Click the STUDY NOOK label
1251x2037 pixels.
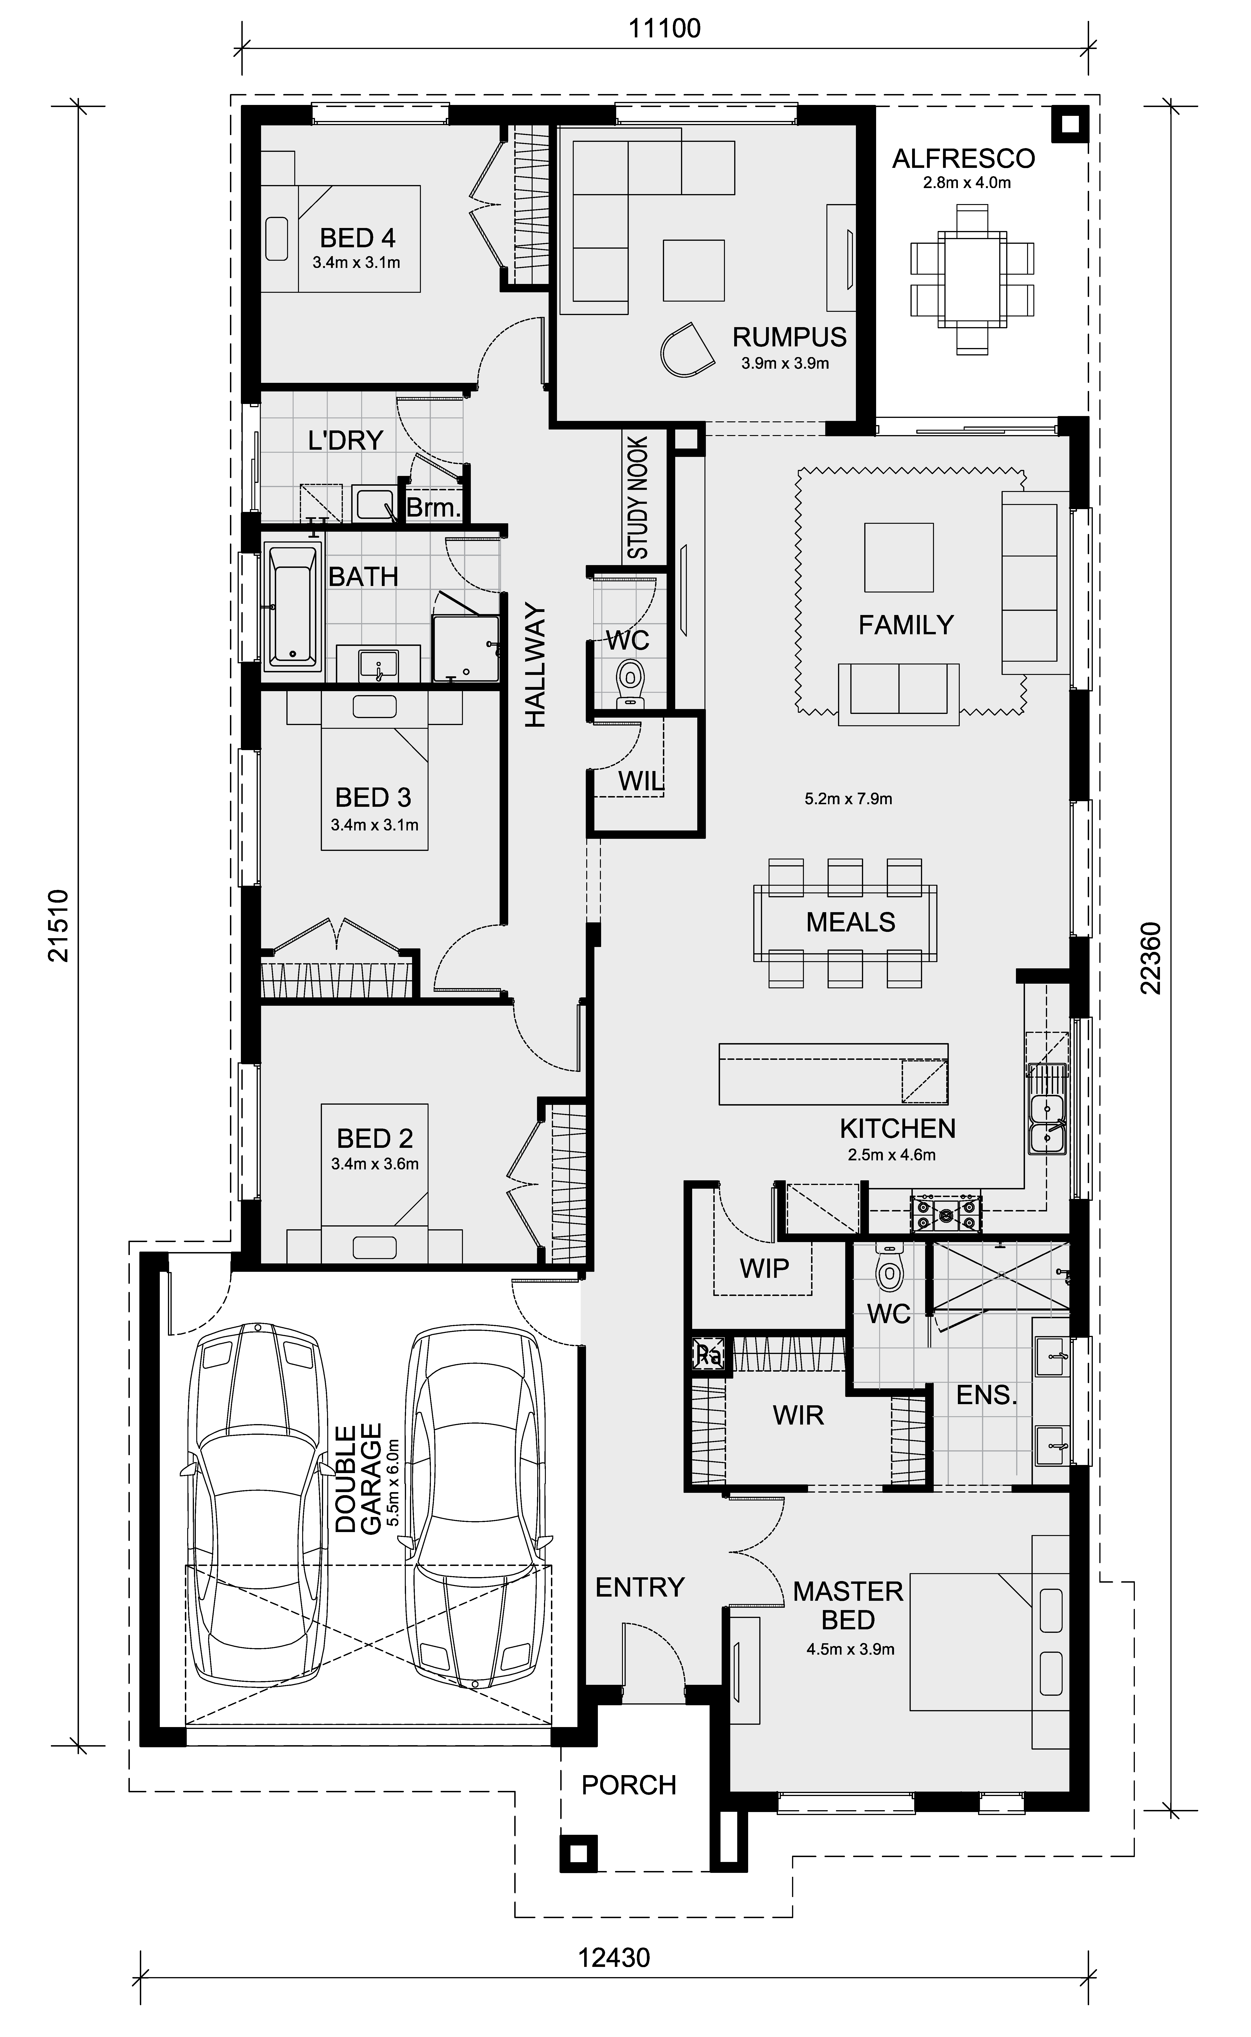pyautogui.click(x=638, y=498)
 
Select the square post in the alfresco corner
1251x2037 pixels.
pyautogui.click(x=1070, y=124)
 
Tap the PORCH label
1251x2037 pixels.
pyautogui.click(x=629, y=1785)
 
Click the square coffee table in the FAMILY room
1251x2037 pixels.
pyautogui.click(x=899, y=557)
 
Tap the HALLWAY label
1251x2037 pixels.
pyautogui.click(x=535, y=666)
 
